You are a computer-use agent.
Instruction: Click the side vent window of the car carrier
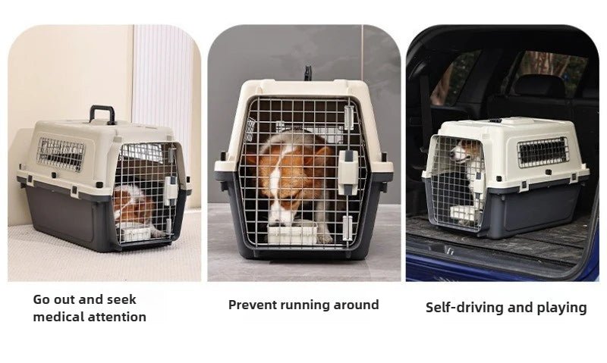(x=543, y=152)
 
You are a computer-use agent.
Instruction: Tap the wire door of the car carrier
(x=454, y=182)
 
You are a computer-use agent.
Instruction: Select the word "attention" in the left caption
(x=120, y=317)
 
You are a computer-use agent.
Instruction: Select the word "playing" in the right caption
(x=561, y=308)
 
